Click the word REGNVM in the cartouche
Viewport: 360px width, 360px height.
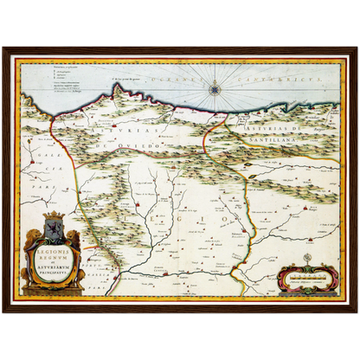pos(54,252)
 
